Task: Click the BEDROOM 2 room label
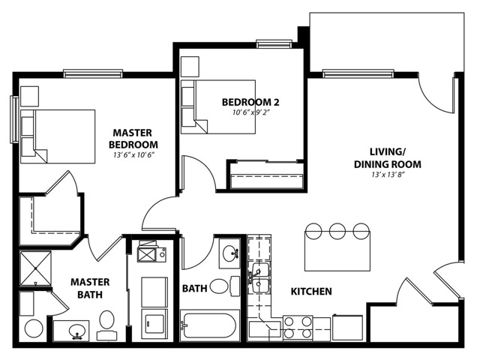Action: click(250, 102)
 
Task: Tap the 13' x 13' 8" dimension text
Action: click(388, 175)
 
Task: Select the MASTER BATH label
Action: click(90, 288)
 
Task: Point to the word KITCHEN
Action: click(311, 292)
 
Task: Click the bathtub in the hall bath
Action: click(208, 325)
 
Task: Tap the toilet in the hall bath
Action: click(224, 286)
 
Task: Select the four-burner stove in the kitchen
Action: click(298, 328)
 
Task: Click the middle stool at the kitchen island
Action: click(337, 232)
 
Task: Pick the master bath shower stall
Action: click(35, 268)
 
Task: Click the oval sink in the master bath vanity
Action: click(77, 331)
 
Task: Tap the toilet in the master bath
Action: click(106, 325)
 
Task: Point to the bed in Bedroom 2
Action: click(218, 106)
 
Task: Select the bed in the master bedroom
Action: click(58, 136)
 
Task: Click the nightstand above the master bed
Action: click(29, 96)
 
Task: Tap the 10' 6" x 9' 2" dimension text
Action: click(251, 112)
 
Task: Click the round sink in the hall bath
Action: click(231, 253)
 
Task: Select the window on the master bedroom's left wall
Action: click(14, 119)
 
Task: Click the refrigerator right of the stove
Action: click(347, 328)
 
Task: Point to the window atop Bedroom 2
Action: click(274, 43)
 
